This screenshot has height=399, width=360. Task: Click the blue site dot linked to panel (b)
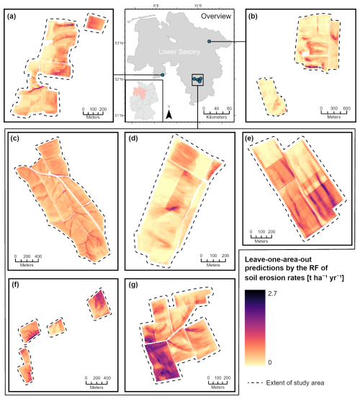point(209,42)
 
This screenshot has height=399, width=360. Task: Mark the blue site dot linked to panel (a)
point(163,74)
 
